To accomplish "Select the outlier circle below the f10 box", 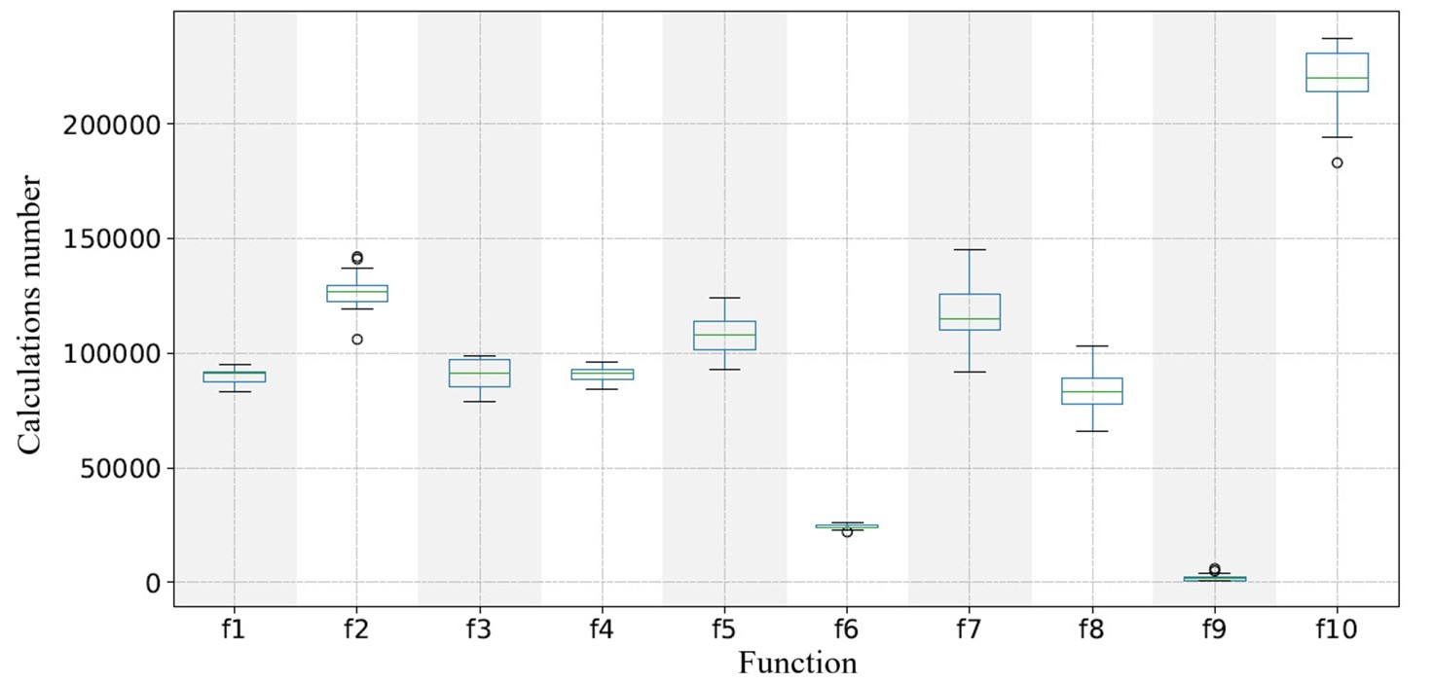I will pos(1337,162).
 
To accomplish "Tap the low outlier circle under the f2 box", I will pos(357,340).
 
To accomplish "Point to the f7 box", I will pos(970,311).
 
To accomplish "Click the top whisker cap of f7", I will pos(970,250).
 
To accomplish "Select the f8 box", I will pos(1091,390).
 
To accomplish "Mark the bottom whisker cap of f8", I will pos(1091,431).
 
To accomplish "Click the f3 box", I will pos(479,373).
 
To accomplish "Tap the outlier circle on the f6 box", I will pos(847,531).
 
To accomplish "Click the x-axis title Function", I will pos(797,664).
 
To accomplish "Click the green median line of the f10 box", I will pos(1337,78).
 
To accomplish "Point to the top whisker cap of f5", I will pos(724,298).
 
